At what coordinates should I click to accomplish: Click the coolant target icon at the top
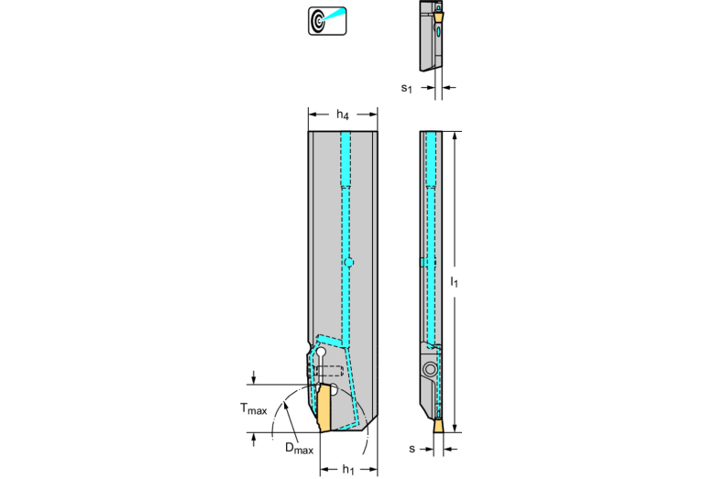pos(327,21)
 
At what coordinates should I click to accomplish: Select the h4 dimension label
pos(343,114)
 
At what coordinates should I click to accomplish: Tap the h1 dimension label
pos(348,469)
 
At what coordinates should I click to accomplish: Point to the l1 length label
pos(455,282)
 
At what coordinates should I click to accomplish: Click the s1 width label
pos(406,88)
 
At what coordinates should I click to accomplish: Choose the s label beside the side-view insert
pos(412,449)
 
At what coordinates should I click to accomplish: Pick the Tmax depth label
pos(253,408)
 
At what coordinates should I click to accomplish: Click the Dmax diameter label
pos(299,448)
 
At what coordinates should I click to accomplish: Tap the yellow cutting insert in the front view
pos(324,408)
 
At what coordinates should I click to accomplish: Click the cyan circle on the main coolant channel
pos(349,262)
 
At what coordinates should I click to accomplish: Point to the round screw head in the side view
pos(430,369)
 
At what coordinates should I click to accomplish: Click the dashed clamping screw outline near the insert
pos(329,371)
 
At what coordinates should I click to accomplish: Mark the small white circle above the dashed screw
pos(322,353)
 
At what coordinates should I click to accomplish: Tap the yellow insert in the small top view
pos(439,16)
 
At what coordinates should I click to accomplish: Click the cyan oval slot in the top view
pos(439,31)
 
